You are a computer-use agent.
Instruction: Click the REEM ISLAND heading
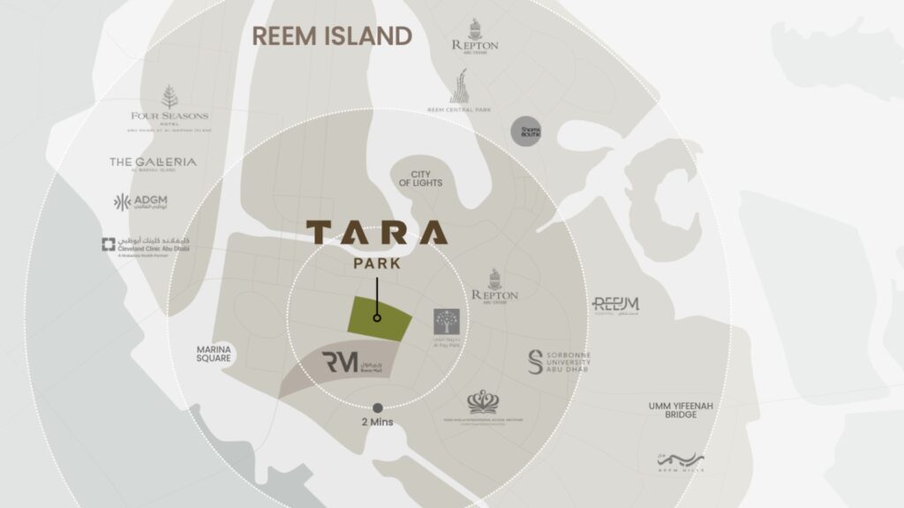click(x=332, y=36)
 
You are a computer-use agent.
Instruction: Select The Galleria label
click(x=153, y=163)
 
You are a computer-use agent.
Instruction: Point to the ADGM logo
click(x=140, y=202)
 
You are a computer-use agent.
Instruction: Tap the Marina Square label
click(x=214, y=354)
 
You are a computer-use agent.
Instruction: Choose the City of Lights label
click(x=420, y=178)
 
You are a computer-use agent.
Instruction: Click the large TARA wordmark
click(x=377, y=233)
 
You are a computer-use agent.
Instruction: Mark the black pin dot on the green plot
click(x=377, y=317)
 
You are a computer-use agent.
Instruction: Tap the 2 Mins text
click(x=377, y=422)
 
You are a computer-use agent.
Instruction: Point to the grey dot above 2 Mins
click(x=378, y=407)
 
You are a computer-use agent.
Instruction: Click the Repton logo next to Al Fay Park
click(x=495, y=285)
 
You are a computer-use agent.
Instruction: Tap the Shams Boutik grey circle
click(x=526, y=131)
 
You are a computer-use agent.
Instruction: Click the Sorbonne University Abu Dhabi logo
click(x=559, y=362)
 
